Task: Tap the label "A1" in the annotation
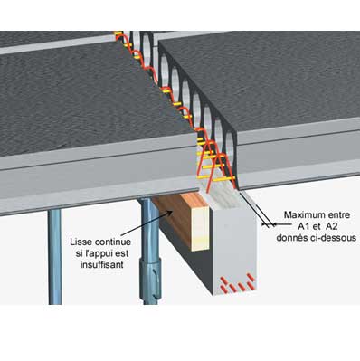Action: (x=299, y=226)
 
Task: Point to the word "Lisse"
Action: (x=81, y=242)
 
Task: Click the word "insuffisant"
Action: (x=102, y=265)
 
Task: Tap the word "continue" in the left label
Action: (x=113, y=242)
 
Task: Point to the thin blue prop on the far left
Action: (x=55, y=257)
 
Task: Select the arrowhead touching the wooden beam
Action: (x=169, y=213)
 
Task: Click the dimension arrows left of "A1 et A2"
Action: (x=269, y=224)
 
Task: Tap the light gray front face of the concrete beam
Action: (x=234, y=251)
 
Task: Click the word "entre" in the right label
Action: (x=342, y=215)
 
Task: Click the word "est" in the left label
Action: (x=123, y=253)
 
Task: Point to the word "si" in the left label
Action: (x=80, y=253)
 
